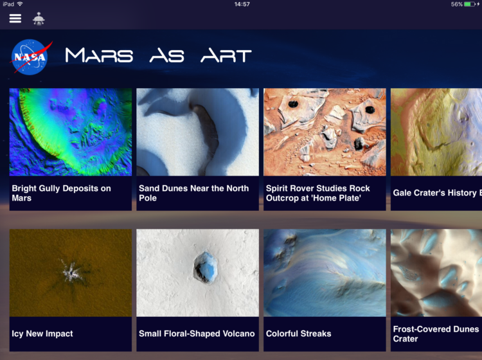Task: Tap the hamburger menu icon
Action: [x=15, y=19]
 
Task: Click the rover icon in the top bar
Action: [x=39, y=19]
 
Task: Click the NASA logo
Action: [x=30, y=57]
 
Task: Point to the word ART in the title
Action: [x=226, y=55]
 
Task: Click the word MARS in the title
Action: [x=99, y=55]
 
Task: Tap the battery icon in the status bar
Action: [x=470, y=4]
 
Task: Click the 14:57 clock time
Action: [x=242, y=4]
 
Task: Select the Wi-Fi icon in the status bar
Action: [x=20, y=4]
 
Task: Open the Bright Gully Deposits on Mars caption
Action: [x=61, y=193]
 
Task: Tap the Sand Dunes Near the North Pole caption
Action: [x=193, y=193]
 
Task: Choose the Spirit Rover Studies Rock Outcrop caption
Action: [x=318, y=193]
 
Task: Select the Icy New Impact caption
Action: [x=42, y=334]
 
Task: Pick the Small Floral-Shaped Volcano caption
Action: [x=197, y=334]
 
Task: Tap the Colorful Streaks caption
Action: [x=298, y=334]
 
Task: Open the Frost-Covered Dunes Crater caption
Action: [x=436, y=334]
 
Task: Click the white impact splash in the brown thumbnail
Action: [x=71, y=271]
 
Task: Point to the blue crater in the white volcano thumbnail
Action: [x=205, y=267]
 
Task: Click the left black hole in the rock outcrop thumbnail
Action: [x=293, y=104]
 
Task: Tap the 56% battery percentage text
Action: [x=457, y=4]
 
